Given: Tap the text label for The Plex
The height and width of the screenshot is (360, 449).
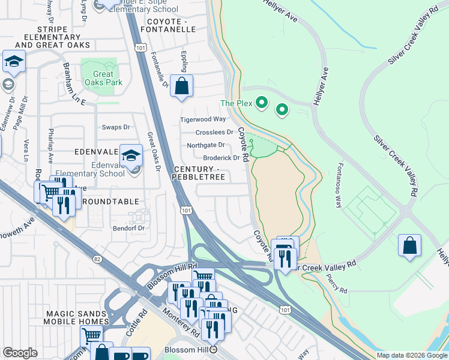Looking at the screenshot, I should click(235, 103).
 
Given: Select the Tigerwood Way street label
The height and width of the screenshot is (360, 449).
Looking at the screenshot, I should click(203, 120).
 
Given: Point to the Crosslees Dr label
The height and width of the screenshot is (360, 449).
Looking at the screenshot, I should click(214, 133).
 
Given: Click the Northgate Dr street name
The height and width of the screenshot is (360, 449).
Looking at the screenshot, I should click(205, 145).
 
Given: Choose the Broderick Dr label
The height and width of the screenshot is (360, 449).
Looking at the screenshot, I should click(221, 158).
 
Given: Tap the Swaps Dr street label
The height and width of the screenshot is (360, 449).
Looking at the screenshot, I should click(116, 127).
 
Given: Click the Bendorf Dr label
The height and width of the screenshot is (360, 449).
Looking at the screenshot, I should click(129, 228).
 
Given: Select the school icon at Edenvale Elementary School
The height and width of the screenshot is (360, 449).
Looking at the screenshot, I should click(130, 156).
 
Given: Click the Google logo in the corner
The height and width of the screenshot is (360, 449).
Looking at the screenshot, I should click(20, 353).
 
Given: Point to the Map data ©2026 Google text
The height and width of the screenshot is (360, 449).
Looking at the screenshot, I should click(412, 355).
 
